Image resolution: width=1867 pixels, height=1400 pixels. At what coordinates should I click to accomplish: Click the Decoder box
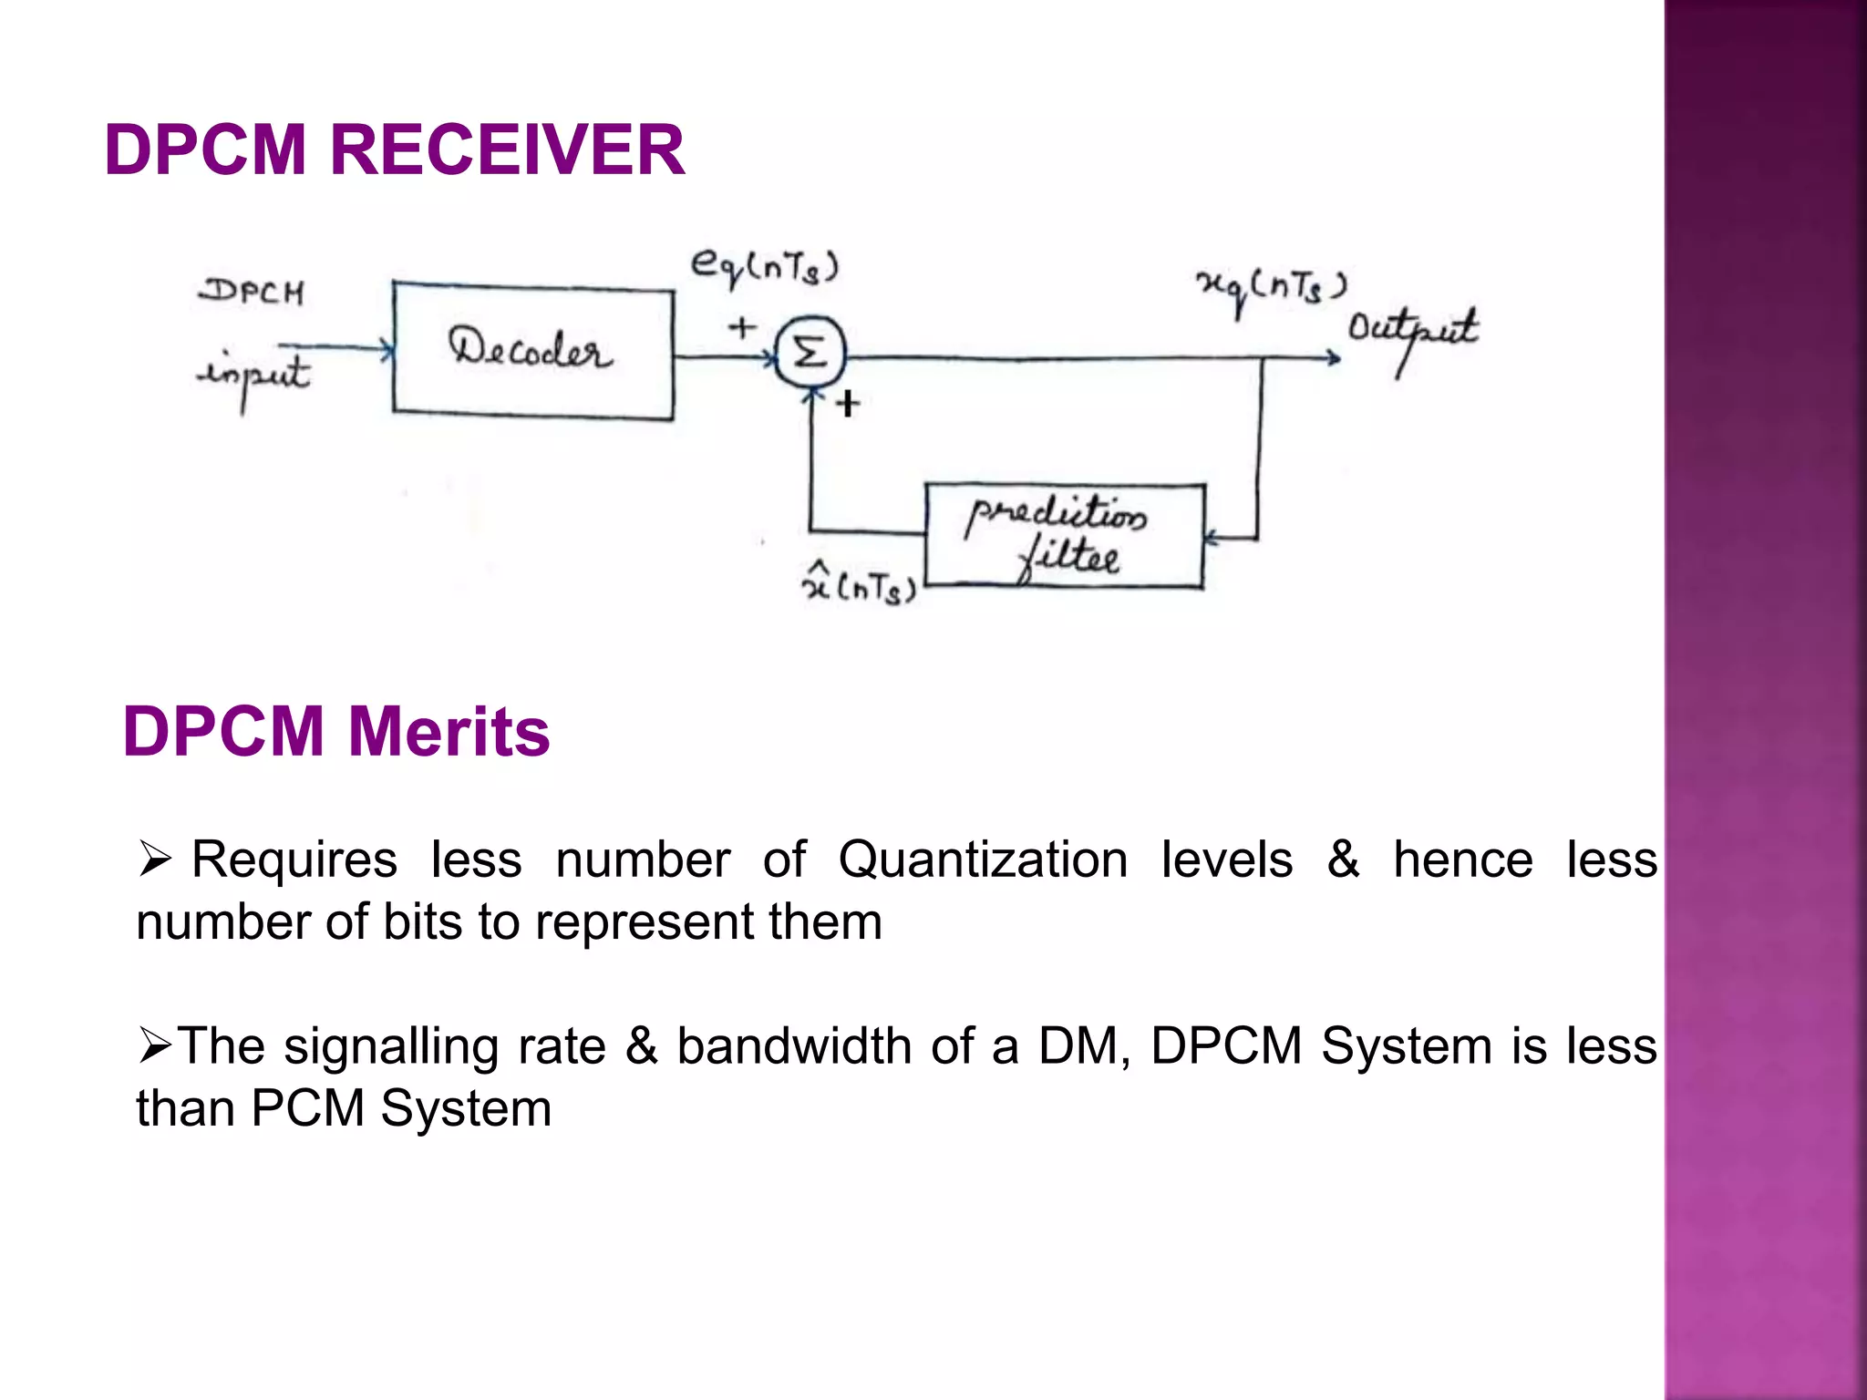tap(533, 351)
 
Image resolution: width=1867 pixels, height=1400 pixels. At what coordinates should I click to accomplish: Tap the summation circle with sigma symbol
tap(810, 353)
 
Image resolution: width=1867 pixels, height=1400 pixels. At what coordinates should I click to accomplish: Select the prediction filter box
tap(1064, 536)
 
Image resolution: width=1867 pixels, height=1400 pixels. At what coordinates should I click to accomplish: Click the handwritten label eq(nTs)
tap(764, 267)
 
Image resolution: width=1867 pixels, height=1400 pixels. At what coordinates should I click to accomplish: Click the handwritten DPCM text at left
tap(252, 292)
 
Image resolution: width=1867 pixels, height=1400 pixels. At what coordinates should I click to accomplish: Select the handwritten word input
tap(254, 376)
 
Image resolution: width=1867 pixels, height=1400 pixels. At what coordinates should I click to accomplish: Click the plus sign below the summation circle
tap(848, 403)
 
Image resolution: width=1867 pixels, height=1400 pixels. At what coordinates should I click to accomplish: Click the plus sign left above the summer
tap(742, 326)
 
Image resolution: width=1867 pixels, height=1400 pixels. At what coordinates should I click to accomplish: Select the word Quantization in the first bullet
tap(983, 860)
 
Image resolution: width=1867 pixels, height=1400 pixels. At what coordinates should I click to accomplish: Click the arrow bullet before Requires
tap(155, 859)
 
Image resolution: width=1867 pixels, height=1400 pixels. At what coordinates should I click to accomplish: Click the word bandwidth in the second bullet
tap(793, 1045)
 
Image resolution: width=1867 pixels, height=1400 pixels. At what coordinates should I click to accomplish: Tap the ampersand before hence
tap(1343, 860)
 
